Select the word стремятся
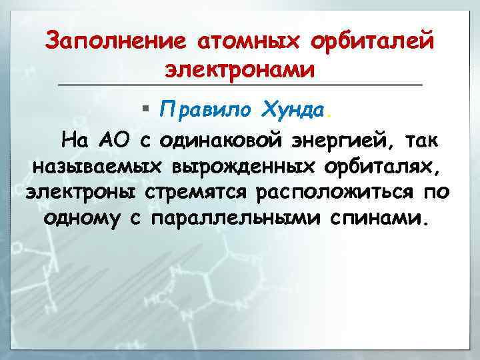(x=206, y=193)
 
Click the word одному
(x=83, y=219)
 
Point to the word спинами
(x=376, y=219)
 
